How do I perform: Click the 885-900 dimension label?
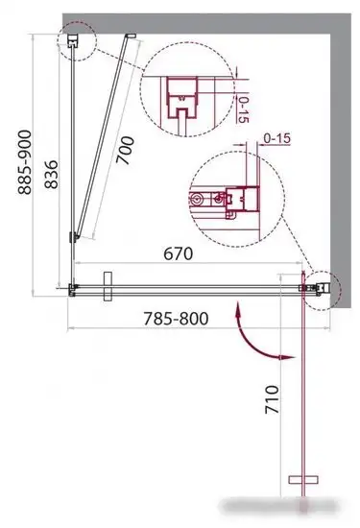click(25, 162)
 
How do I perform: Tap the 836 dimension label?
click(51, 175)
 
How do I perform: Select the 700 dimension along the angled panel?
click(125, 150)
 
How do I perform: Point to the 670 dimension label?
click(179, 253)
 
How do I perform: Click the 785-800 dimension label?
click(176, 318)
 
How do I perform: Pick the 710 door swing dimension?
click(272, 399)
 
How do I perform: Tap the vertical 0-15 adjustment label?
click(243, 109)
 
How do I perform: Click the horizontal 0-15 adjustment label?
click(276, 138)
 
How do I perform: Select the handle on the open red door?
click(303, 479)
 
